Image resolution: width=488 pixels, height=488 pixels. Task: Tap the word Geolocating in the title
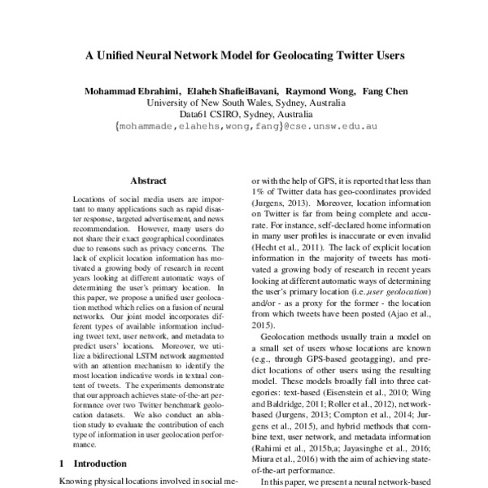tap(296, 59)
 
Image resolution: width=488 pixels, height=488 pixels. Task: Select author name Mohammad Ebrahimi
tap(133, 90)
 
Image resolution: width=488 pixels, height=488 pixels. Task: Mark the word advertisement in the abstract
tap(157, 220)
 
